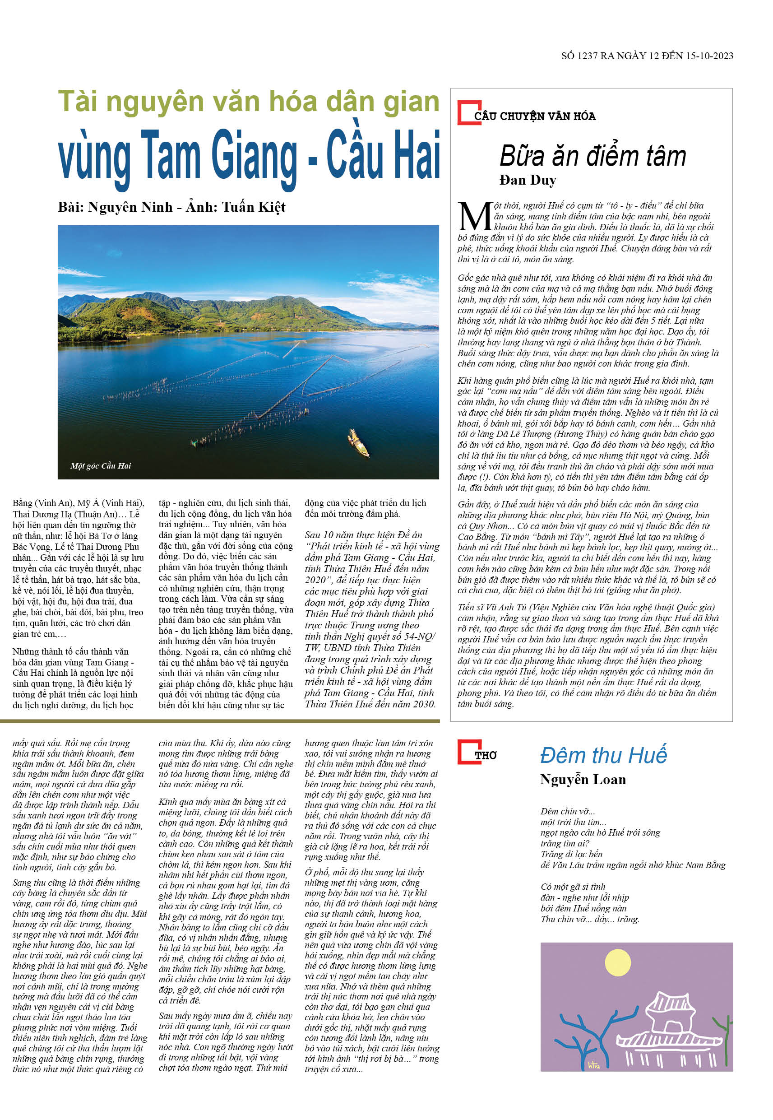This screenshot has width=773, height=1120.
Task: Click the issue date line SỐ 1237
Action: (x=647, y=56)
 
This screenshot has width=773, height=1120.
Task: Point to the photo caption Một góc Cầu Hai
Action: (x=101, y=465)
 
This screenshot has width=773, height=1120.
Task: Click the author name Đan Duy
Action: (x=528, y=180)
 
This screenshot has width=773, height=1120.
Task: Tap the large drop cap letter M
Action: (x=475, y=217)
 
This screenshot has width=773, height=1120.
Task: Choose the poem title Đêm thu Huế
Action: (x=603, y=755)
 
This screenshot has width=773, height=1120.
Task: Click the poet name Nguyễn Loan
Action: (x=583, y=780)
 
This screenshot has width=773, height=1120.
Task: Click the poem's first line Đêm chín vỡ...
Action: (x=568, y=811)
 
